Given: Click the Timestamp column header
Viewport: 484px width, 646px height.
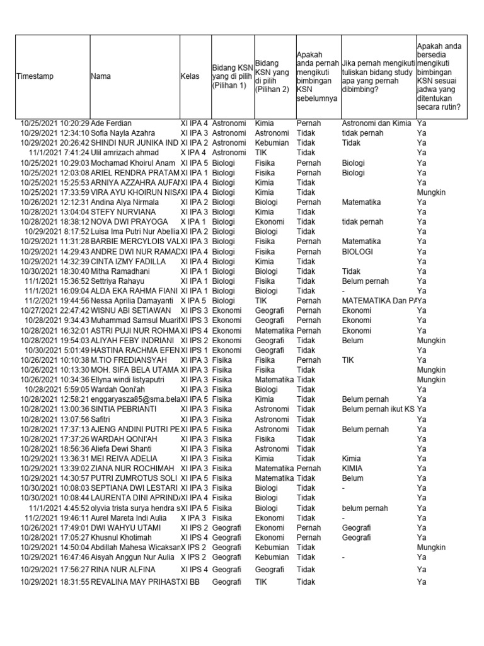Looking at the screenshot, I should (x=35, y=76).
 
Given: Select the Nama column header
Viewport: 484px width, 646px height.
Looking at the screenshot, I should (x=101, y=76).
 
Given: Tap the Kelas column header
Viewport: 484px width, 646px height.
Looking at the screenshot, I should (x=190, y=76).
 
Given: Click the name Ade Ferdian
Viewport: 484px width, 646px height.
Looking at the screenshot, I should (x=112, y=123).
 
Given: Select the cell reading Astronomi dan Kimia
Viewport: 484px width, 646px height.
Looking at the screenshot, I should (x=376, y=123).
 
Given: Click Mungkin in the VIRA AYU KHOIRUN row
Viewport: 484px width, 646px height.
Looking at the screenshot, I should (x=431, y=192).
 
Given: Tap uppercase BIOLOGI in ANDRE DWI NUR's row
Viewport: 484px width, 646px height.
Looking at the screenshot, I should (x=357, y=252).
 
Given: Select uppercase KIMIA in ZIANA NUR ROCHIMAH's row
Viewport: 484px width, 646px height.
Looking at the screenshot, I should (x=352, y=469).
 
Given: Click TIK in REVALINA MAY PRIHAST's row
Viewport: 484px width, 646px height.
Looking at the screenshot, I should (x=261, y=582).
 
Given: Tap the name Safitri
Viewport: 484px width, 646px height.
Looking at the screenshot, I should (x=102, y=419).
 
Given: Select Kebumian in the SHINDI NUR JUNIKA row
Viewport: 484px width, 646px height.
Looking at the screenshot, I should (x=272, y=143).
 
